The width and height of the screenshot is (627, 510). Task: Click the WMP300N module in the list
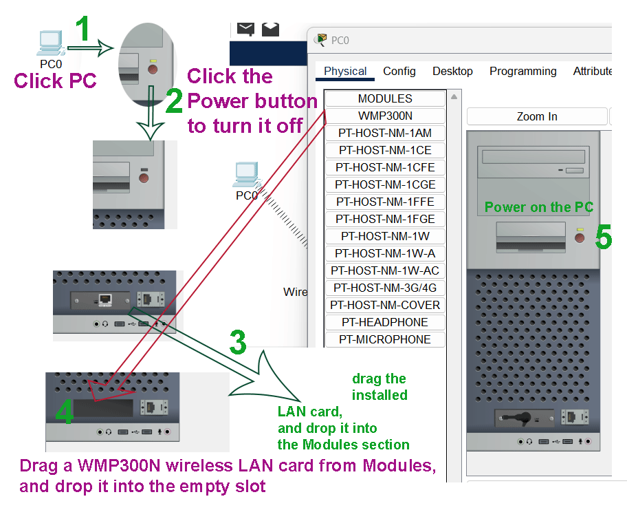385,116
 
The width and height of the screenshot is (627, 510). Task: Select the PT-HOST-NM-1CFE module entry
385,167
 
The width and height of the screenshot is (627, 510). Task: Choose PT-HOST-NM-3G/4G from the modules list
385,288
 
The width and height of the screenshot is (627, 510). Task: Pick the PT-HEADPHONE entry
385,322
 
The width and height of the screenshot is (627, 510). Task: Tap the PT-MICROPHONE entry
385,339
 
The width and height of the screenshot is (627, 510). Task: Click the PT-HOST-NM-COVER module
385,305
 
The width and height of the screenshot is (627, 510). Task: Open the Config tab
399,72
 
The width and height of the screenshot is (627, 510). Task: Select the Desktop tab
452,72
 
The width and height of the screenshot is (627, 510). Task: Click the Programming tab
522,72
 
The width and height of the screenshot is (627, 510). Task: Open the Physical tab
345,72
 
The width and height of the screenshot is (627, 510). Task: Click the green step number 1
82,28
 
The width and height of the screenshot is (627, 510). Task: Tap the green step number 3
238,342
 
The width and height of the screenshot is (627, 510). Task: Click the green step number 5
603,237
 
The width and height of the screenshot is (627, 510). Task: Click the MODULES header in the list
385,99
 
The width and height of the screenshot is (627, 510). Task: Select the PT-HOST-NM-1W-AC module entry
385,270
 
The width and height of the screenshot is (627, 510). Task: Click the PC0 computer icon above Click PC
50,43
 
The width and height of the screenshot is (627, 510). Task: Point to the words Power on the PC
538,207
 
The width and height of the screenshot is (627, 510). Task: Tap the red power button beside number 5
580,238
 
